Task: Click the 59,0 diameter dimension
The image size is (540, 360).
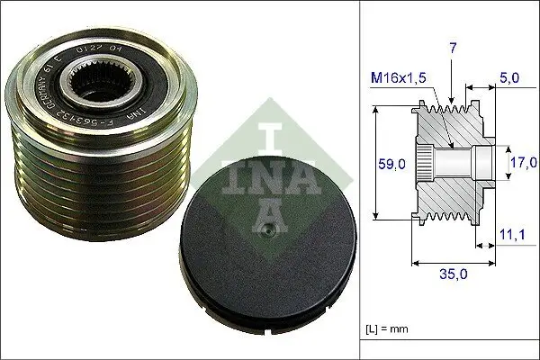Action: click(x=390, y=164)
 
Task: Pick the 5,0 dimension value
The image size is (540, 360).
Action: click(x=508, y=78)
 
